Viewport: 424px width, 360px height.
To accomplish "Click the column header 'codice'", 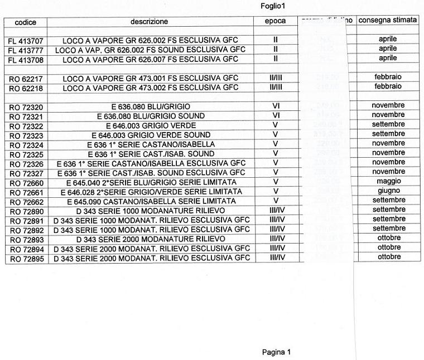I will click(x=26, y=21).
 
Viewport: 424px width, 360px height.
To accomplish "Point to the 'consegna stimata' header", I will click(x=388, y=21).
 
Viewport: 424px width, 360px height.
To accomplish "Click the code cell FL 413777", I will click(x=26, y=49).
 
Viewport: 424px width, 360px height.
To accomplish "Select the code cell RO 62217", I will click(x=26, y=77).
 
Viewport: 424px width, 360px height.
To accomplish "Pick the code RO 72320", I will click(x=26, y=106).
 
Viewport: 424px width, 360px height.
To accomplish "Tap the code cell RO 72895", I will click(x=26, y=258).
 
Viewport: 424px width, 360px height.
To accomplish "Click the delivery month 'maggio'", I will click(x=387, y=182).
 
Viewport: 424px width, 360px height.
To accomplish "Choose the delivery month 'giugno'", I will click(x=387, y=191).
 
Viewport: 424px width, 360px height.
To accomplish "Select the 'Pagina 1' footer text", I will click(x=277, y=352).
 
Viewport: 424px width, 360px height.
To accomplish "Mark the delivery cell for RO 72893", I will click(x=387, y=239).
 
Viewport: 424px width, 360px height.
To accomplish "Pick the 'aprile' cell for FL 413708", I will click(x=387, y=58).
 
